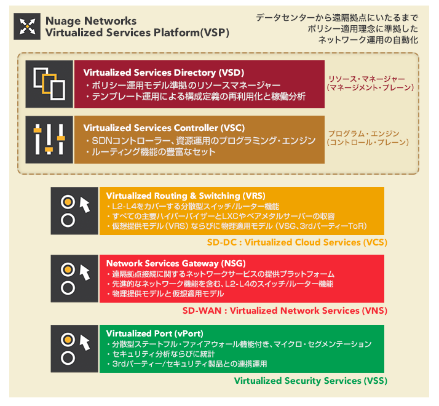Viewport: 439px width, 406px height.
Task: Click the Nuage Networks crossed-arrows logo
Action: (x=27, y=26)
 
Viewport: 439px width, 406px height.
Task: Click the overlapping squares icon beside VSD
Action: (x=49, y=84)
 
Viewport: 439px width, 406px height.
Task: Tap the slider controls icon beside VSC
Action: (x=49, y=139)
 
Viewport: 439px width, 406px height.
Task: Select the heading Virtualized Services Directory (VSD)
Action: (x=164, y=73)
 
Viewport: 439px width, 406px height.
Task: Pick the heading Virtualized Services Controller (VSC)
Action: (x=164, y=128)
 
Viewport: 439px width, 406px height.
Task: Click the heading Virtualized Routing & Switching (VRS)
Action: (x=186, y=196)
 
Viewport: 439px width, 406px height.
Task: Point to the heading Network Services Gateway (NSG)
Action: (x=176, y=263)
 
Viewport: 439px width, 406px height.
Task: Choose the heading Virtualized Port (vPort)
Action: (x=154, y=333)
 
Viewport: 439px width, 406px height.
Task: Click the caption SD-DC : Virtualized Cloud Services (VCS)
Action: (x=297, y=242)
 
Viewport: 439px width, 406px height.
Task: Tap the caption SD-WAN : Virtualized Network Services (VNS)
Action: (x=285, y=311)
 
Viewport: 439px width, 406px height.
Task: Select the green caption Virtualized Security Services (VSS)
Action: (x=310, y=381)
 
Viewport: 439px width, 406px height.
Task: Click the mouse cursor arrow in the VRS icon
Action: (x=85, y=205)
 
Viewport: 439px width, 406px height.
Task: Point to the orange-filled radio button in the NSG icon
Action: (x=68, y=269)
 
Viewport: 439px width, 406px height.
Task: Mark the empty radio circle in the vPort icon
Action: (x=68, y=358)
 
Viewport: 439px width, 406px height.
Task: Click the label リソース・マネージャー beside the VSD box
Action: (x=366, y=79)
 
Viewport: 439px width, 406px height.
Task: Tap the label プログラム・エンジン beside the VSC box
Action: (x=364, y=133)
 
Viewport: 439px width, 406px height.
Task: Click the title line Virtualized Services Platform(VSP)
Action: (x=137, y=33)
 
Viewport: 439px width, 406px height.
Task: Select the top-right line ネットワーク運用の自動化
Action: (x=368, y=40)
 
